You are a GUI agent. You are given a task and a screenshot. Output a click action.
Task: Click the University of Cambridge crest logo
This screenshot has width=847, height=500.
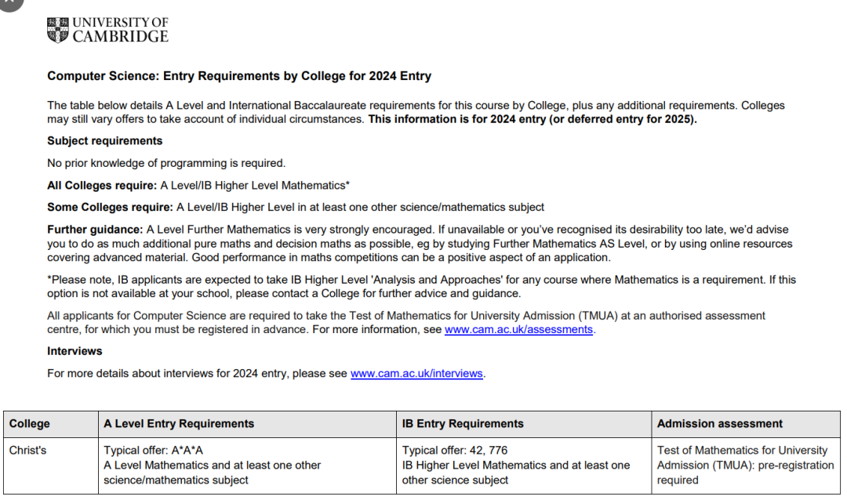[x=58, y=30]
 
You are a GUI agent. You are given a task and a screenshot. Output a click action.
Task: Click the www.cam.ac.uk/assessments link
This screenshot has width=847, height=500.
[x=518, y=330]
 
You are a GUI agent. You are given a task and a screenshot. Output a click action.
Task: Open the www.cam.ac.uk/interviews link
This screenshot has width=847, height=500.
[x=416, y=374]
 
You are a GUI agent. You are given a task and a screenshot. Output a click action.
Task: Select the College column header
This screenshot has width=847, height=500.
[x=30, y=424]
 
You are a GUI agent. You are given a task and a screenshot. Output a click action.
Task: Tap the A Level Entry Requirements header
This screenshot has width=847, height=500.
[x=179, y=424]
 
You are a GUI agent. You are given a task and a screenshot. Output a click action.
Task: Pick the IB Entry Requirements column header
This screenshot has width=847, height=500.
[x=463, y=424]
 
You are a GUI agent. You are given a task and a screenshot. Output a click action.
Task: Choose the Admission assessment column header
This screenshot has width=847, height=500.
[x=719, y=424]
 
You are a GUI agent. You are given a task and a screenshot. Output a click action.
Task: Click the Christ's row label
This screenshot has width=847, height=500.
[x=27, y=451]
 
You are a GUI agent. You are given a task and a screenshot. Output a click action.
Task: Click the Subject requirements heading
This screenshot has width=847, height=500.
[x=105, y=141]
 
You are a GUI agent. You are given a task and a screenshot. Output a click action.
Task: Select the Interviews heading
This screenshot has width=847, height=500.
[x=75, y=351]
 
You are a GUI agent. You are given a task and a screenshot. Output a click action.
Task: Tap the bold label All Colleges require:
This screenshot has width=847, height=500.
[x=102, y=186]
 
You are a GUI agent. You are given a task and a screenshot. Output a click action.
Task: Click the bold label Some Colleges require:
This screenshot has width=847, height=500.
[x=110, y=208]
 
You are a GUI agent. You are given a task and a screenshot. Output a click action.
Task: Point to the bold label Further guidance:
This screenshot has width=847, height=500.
[x=95, y=230]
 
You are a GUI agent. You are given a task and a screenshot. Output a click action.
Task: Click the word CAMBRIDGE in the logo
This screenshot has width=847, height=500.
[x=120, y=37]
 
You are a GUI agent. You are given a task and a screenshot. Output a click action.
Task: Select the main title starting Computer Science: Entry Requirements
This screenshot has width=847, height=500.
[x=239, y=77]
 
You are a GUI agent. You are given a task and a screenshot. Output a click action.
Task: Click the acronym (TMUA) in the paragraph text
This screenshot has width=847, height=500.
[x=600, y=316]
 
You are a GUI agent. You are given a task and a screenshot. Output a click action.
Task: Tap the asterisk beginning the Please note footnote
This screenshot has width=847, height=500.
[x=49, y=280]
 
